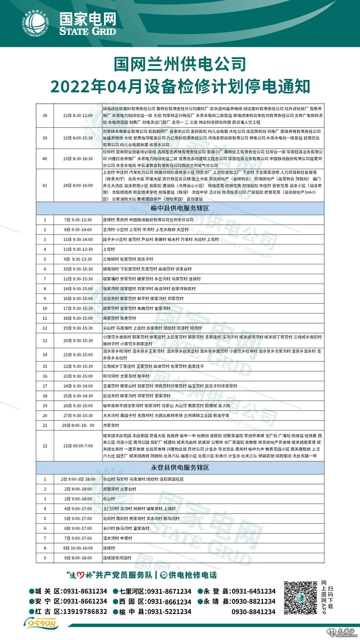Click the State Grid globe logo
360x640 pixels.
(x=36, y=24)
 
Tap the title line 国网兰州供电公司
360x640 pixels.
(x=180, y=64)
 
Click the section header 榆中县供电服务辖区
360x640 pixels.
(x=180, y=208)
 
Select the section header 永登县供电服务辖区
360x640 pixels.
(x=180, y=468)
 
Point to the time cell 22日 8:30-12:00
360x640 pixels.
(x=78, y=116)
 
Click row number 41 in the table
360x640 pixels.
(x=45, y=186)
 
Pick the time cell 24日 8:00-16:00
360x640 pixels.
(x=78, y=186)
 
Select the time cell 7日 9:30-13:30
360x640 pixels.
(x=78, y=220)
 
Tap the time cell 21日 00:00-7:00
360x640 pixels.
(x=78, y=446)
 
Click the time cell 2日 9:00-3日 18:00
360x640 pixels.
(x=78, y=479)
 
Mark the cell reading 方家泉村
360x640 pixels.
(x=111, y=426)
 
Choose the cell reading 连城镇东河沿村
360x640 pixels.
(x=117, y=558)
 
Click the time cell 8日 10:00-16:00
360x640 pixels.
(x=78, y=548)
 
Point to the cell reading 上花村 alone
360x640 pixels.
(x=109, y=249)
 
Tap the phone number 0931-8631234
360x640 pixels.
(x=85, y=591)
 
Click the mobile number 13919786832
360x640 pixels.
(x=85, y=612)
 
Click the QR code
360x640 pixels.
(x=300, y=598)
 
